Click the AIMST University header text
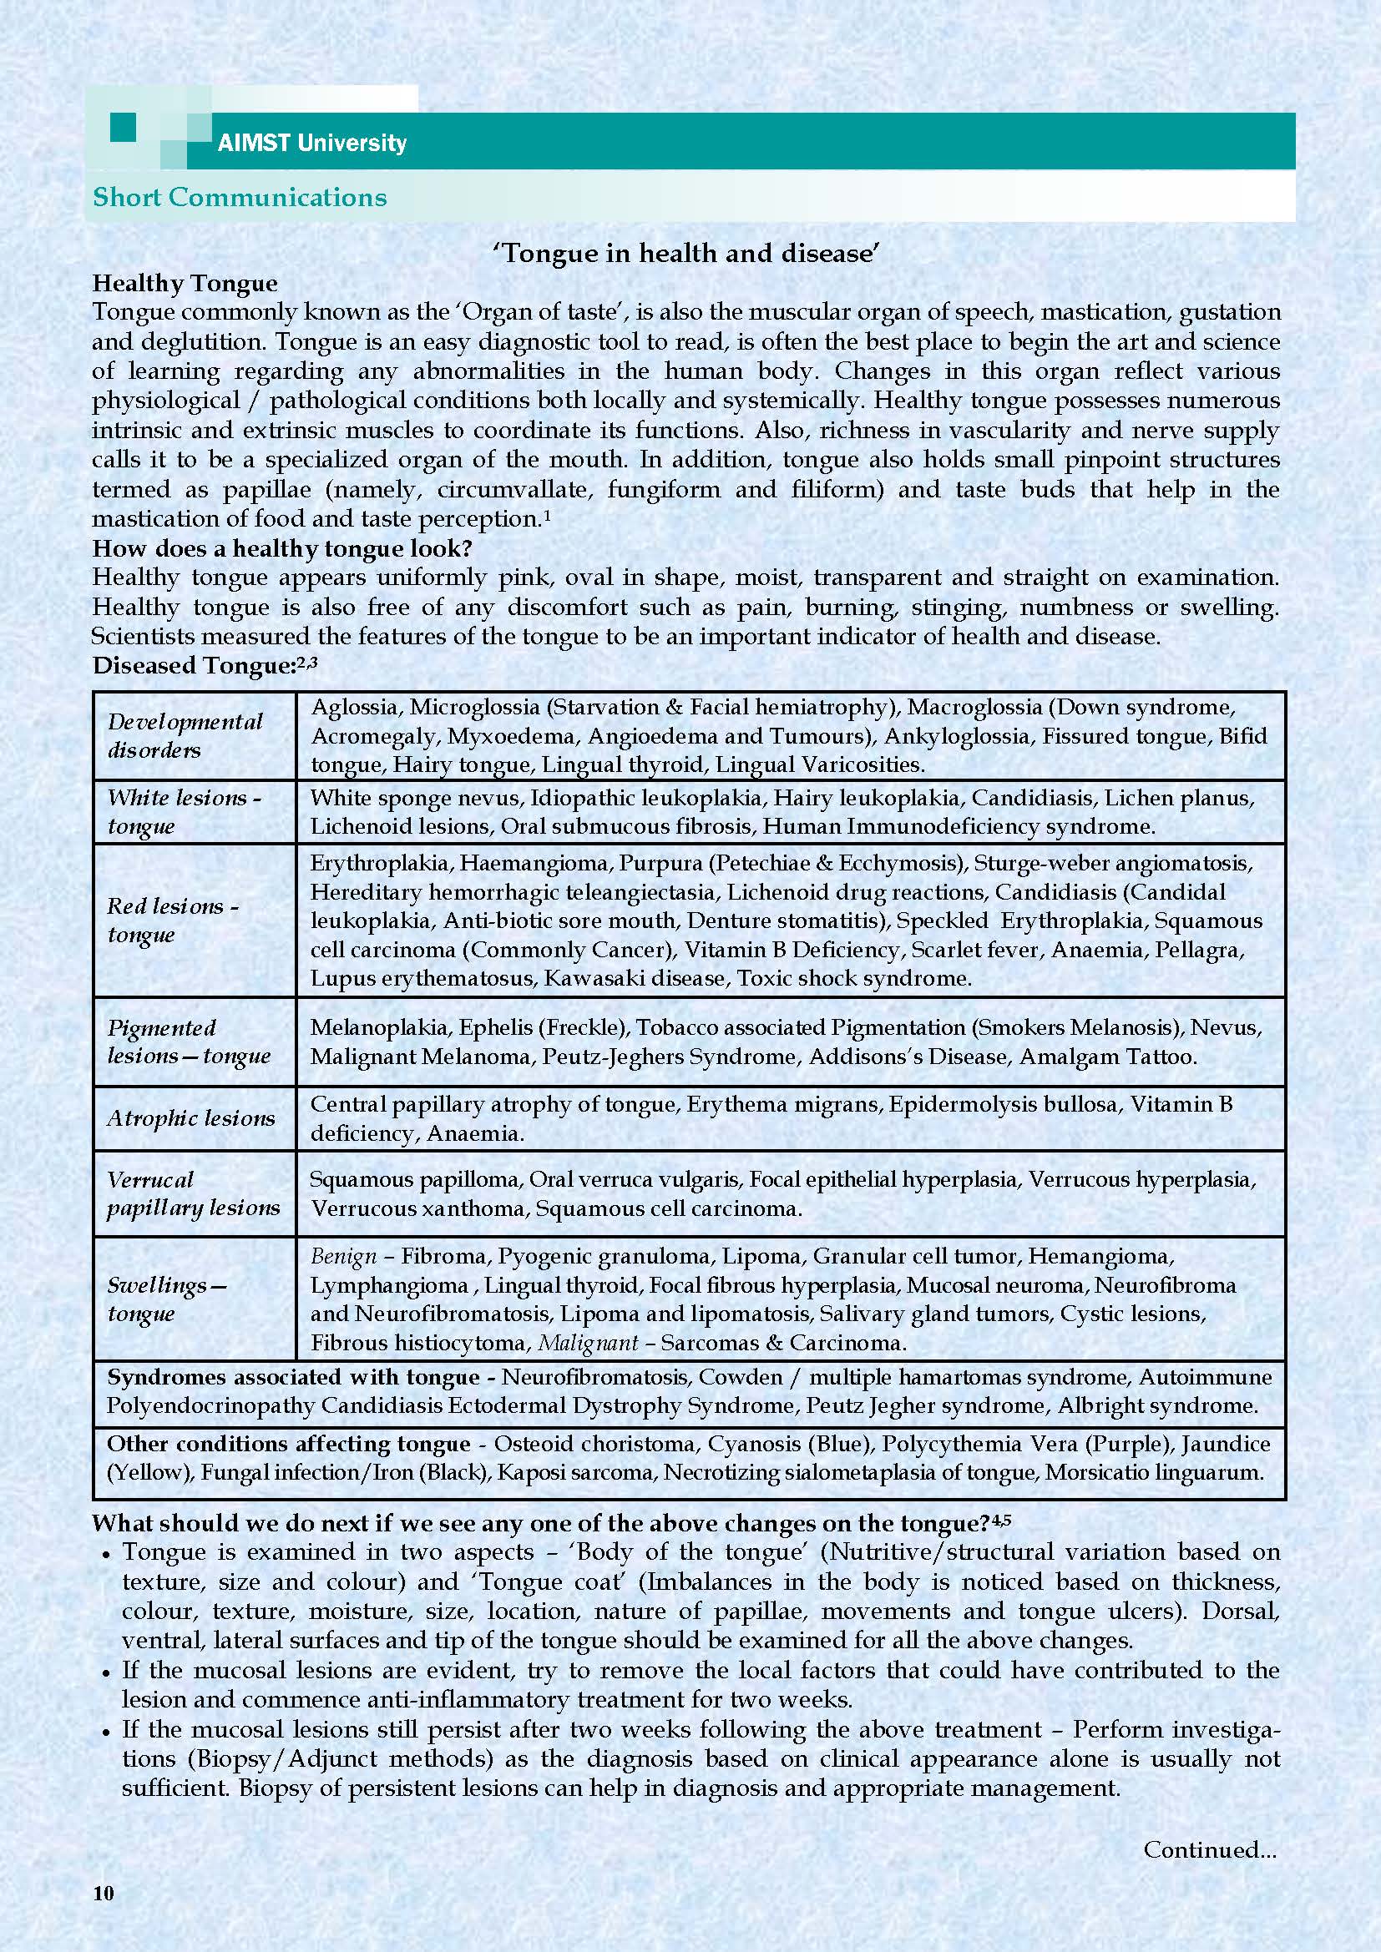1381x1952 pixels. [311, 143]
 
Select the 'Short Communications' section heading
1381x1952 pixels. [239, 197]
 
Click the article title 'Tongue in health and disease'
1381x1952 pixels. [685, 254]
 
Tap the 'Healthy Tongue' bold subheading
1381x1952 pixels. [185, 283]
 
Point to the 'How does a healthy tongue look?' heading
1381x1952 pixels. [281, 548]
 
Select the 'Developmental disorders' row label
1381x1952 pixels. [185, 736]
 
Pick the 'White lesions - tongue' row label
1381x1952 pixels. [184, 812]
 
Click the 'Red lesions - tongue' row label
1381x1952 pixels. [173, 920]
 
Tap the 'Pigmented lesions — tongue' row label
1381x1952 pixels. [188, 1042]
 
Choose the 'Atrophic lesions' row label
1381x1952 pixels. [190, 1119]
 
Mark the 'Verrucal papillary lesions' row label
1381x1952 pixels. [192, 1193]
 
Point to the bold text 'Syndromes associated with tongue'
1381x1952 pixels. [293, 1377]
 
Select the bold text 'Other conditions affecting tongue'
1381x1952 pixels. [288, 1444]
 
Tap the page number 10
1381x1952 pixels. [103, 1893]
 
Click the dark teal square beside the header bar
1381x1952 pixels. [124, 129]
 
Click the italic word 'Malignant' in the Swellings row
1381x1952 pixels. [588, 1343]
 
